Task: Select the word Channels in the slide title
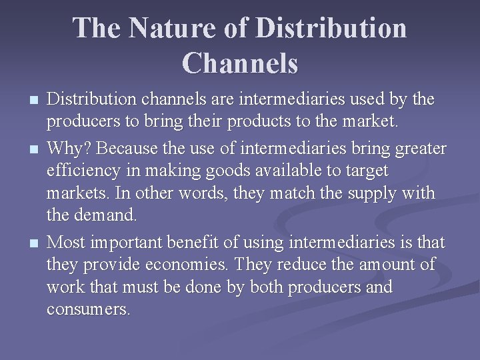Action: pos(240,63)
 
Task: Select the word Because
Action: pos(131,147)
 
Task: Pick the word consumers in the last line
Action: pos(89,311)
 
